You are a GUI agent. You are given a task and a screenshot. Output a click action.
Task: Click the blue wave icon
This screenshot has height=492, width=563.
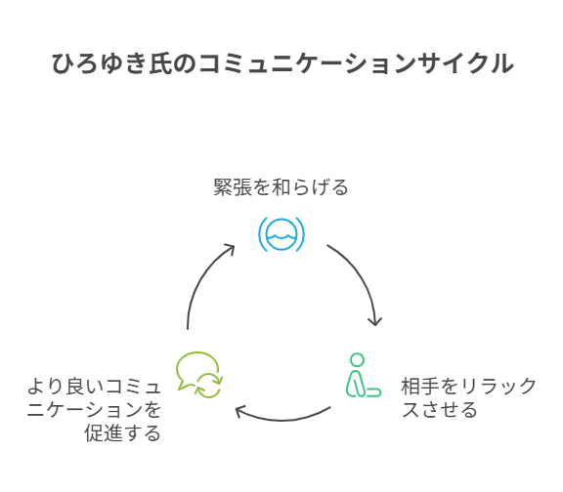click(x=281, y=234)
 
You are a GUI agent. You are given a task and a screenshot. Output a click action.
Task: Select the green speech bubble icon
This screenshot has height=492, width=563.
click(x=199, y=375)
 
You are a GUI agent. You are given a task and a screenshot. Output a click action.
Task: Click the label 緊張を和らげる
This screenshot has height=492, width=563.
click(x=281, y=187)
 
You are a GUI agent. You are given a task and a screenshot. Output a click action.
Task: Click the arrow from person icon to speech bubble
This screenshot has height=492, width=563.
click(x=282, y=419)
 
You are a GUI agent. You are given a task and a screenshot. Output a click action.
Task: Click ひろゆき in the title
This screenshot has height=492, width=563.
click(x=99, y=63)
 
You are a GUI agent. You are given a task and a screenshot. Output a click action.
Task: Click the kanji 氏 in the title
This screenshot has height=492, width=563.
click(x=160, y=63)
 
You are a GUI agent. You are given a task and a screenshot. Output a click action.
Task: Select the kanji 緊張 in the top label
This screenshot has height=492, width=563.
click(x=233, y=187)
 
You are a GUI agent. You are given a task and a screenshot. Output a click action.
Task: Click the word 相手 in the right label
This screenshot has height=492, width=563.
click(x=420, y=387)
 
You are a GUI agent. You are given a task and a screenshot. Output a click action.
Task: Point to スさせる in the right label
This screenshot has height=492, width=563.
click(x=439, y=410)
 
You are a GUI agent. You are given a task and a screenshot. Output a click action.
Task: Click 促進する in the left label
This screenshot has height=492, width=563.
click(x=122, y=432)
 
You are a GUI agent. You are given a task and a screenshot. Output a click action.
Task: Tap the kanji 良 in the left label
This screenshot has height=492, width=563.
click(x=75, y=387)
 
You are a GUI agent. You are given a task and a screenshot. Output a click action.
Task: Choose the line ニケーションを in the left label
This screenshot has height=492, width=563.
click(x=94, y=410)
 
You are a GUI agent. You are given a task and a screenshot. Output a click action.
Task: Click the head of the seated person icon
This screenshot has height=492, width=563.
click(x=358, y=360)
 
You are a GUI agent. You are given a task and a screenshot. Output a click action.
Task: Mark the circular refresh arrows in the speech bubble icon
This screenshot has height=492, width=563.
click(x=208, y=386)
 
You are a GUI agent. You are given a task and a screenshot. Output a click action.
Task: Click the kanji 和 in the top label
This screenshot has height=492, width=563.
click(x=281, y=187)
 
